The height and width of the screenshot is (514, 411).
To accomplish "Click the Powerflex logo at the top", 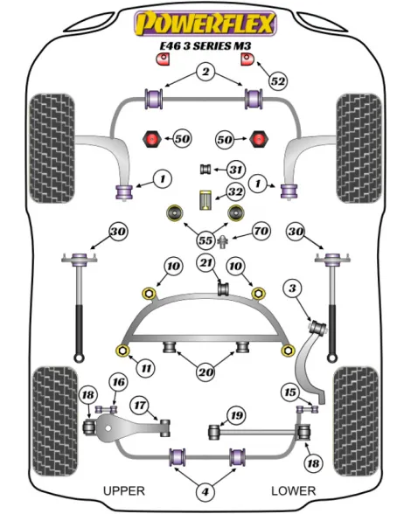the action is tap(205, 23).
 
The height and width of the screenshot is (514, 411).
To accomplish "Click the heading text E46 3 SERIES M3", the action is tap(205, 45).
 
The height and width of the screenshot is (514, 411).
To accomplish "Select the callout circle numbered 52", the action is tap(278, 81).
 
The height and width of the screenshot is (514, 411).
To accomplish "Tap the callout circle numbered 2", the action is tap(205, 72).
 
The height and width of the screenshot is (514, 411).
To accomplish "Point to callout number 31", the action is tap(235, 170).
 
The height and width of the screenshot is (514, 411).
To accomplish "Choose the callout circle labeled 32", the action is tap(235, 191).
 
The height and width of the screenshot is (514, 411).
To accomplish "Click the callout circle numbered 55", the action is tap(205, 240).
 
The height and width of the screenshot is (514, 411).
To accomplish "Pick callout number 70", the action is tap(261, 231).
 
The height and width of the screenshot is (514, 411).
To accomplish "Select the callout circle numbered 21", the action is tap(206, 262).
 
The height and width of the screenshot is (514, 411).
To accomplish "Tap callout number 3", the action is tap(292, 288).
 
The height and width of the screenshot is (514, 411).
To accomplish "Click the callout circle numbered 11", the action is tap(146, 368).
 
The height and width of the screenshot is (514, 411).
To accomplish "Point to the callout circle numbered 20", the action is tap(205, 372).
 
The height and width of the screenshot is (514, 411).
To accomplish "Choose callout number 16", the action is tap(118, 382).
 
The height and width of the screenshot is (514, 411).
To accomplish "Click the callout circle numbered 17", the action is tap(140, 406).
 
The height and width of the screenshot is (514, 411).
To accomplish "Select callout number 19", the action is tap(236, 416).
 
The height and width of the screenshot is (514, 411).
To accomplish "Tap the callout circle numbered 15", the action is tap(290, 392).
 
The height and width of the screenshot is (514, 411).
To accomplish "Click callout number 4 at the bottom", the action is tap(205, 491).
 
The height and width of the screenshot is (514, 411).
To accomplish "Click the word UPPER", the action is tap(124, 490).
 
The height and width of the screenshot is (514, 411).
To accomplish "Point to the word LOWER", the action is tap(294, 490).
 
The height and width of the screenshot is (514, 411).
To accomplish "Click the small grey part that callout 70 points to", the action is tap(223, 242).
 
